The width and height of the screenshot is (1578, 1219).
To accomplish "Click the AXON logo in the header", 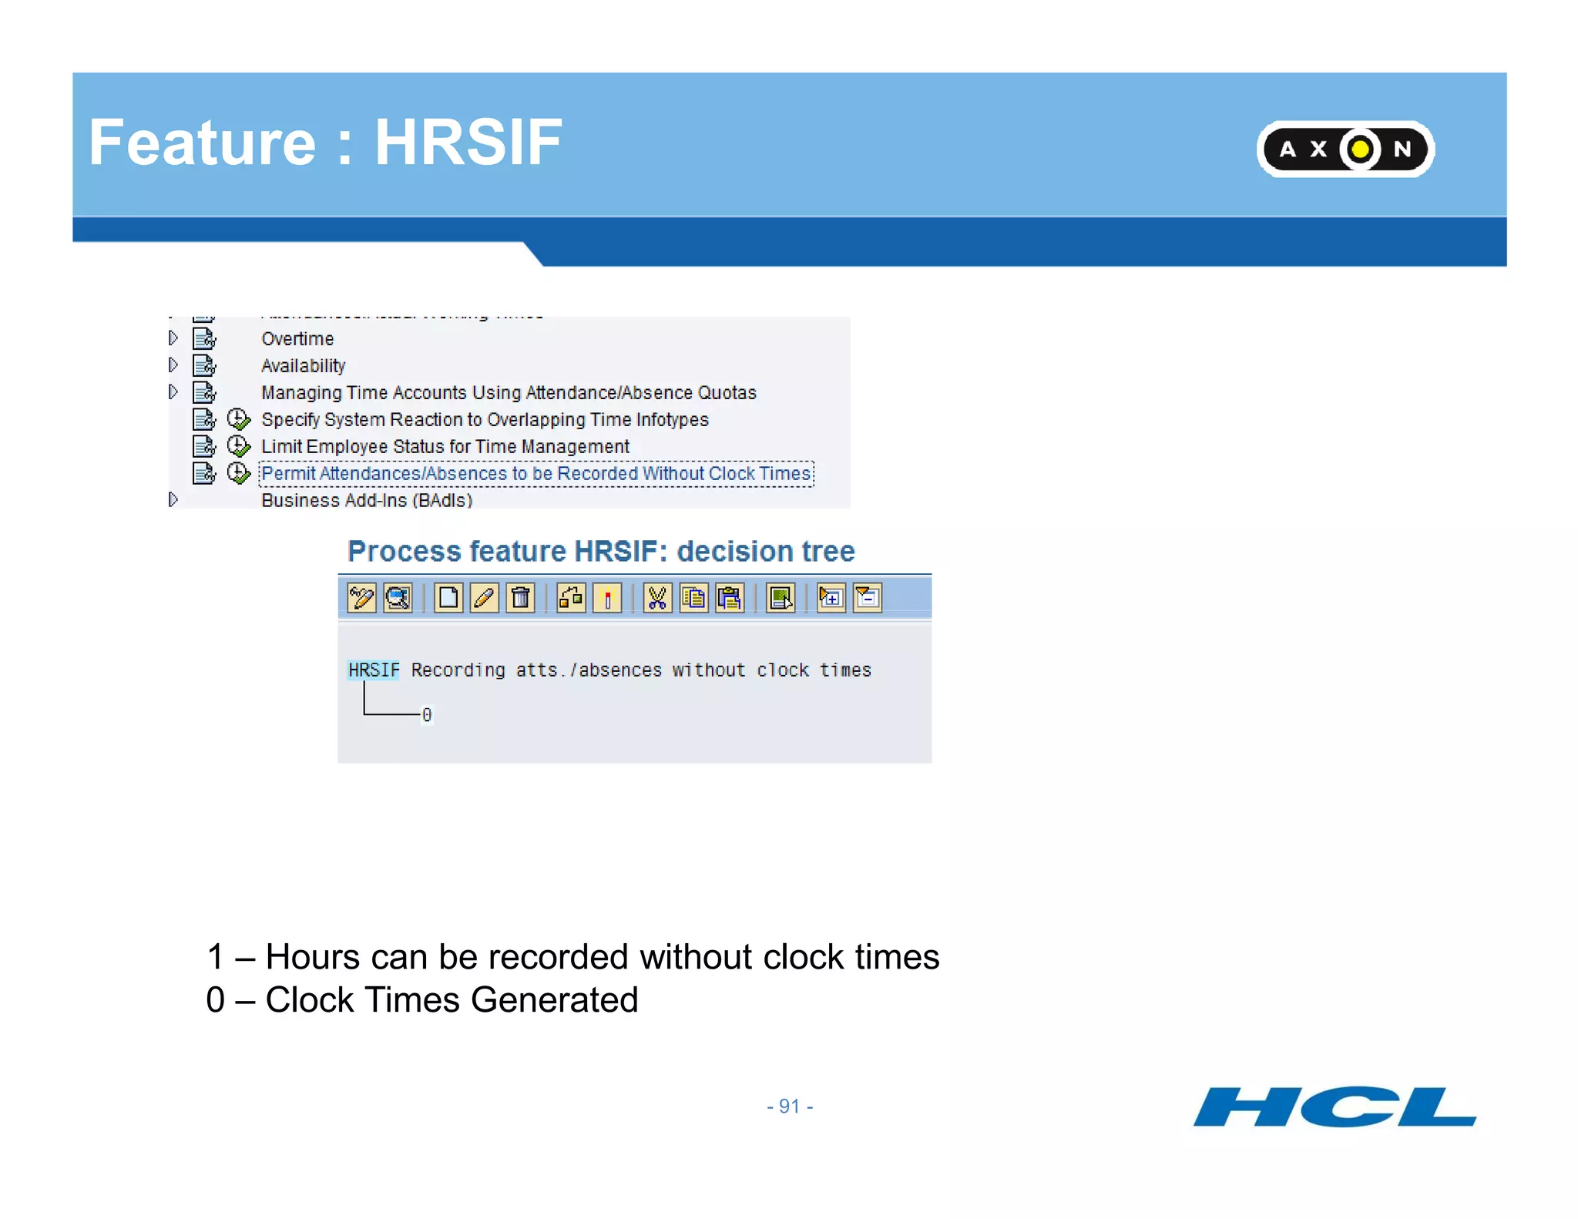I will point(1345,149).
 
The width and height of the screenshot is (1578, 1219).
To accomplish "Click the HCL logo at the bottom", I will point(1335,1107).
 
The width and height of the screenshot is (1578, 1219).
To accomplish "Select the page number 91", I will point(789,1107).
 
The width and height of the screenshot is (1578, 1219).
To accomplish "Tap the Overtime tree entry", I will point(297,339).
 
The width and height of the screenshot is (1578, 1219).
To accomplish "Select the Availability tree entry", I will point(303,366).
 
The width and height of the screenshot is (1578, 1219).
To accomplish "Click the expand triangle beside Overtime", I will point(173,338).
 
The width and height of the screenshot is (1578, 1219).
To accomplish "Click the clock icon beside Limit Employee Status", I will point(239,446).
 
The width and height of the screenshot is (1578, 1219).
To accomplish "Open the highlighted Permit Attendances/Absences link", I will point(536,474).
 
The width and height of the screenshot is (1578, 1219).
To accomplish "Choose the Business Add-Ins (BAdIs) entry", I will point(367,500).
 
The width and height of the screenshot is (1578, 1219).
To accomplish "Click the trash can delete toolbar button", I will point(521,598).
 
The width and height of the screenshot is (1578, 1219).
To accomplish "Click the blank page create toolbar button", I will point(448,598).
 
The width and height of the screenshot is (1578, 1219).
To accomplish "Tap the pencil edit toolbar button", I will point(485,598).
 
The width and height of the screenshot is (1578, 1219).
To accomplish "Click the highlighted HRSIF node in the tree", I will point(374,670).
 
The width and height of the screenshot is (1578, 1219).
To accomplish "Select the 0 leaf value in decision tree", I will point(427,715).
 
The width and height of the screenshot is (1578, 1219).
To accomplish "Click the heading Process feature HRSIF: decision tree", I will point(601,552).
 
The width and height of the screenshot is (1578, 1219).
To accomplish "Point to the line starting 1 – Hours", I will point(572,957).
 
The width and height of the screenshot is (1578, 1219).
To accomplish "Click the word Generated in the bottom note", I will point(554,1000).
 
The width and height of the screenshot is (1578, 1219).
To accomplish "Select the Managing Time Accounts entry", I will point(509,393).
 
